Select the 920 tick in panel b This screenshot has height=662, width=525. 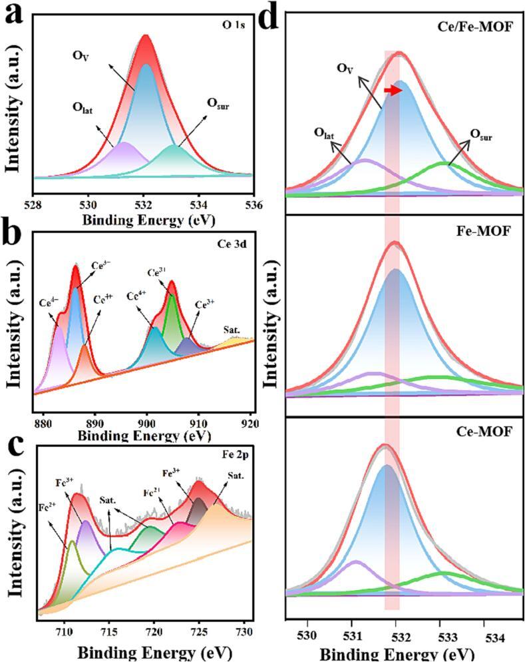(250, 424)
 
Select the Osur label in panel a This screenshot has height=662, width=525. (218, 104)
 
